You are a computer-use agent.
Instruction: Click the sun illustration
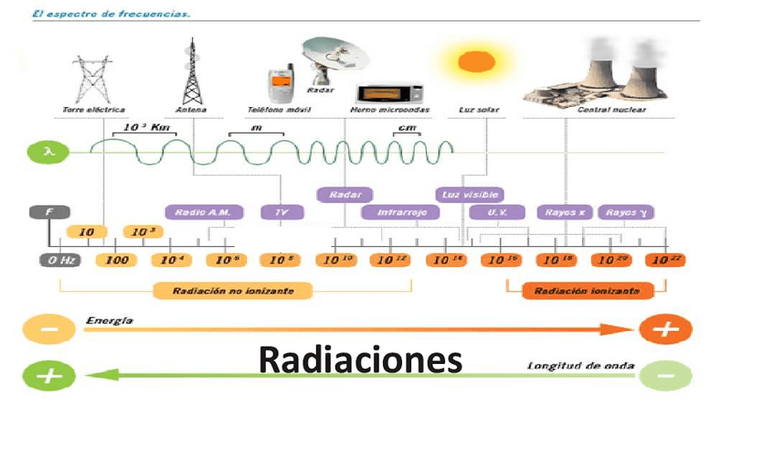[475, 62]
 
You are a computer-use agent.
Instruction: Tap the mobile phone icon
[279, 85]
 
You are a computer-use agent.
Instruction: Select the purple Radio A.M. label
[204, 212]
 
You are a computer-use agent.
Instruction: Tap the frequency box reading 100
[115, 260]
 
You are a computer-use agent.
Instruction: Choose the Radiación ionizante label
[580, 291]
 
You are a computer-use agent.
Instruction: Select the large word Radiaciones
[360, 359]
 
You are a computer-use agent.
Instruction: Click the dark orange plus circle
[664, 329]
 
